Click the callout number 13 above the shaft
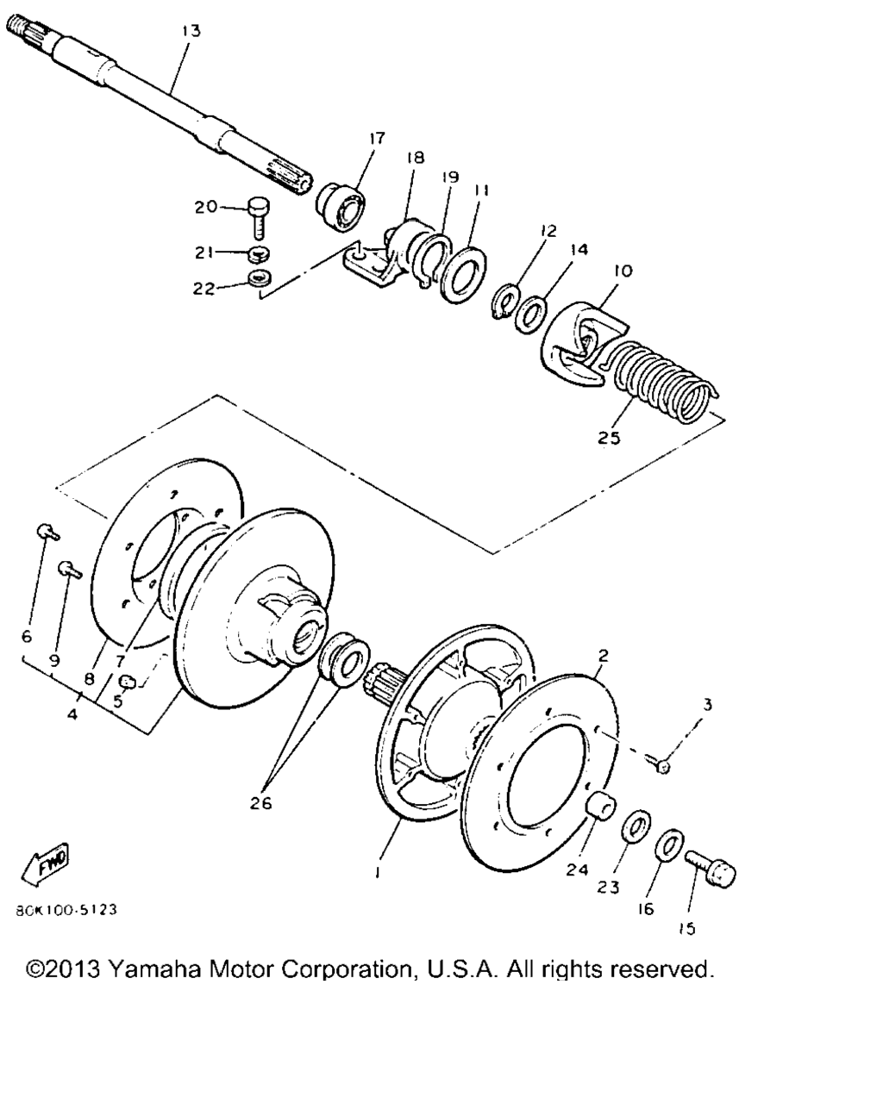191,31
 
